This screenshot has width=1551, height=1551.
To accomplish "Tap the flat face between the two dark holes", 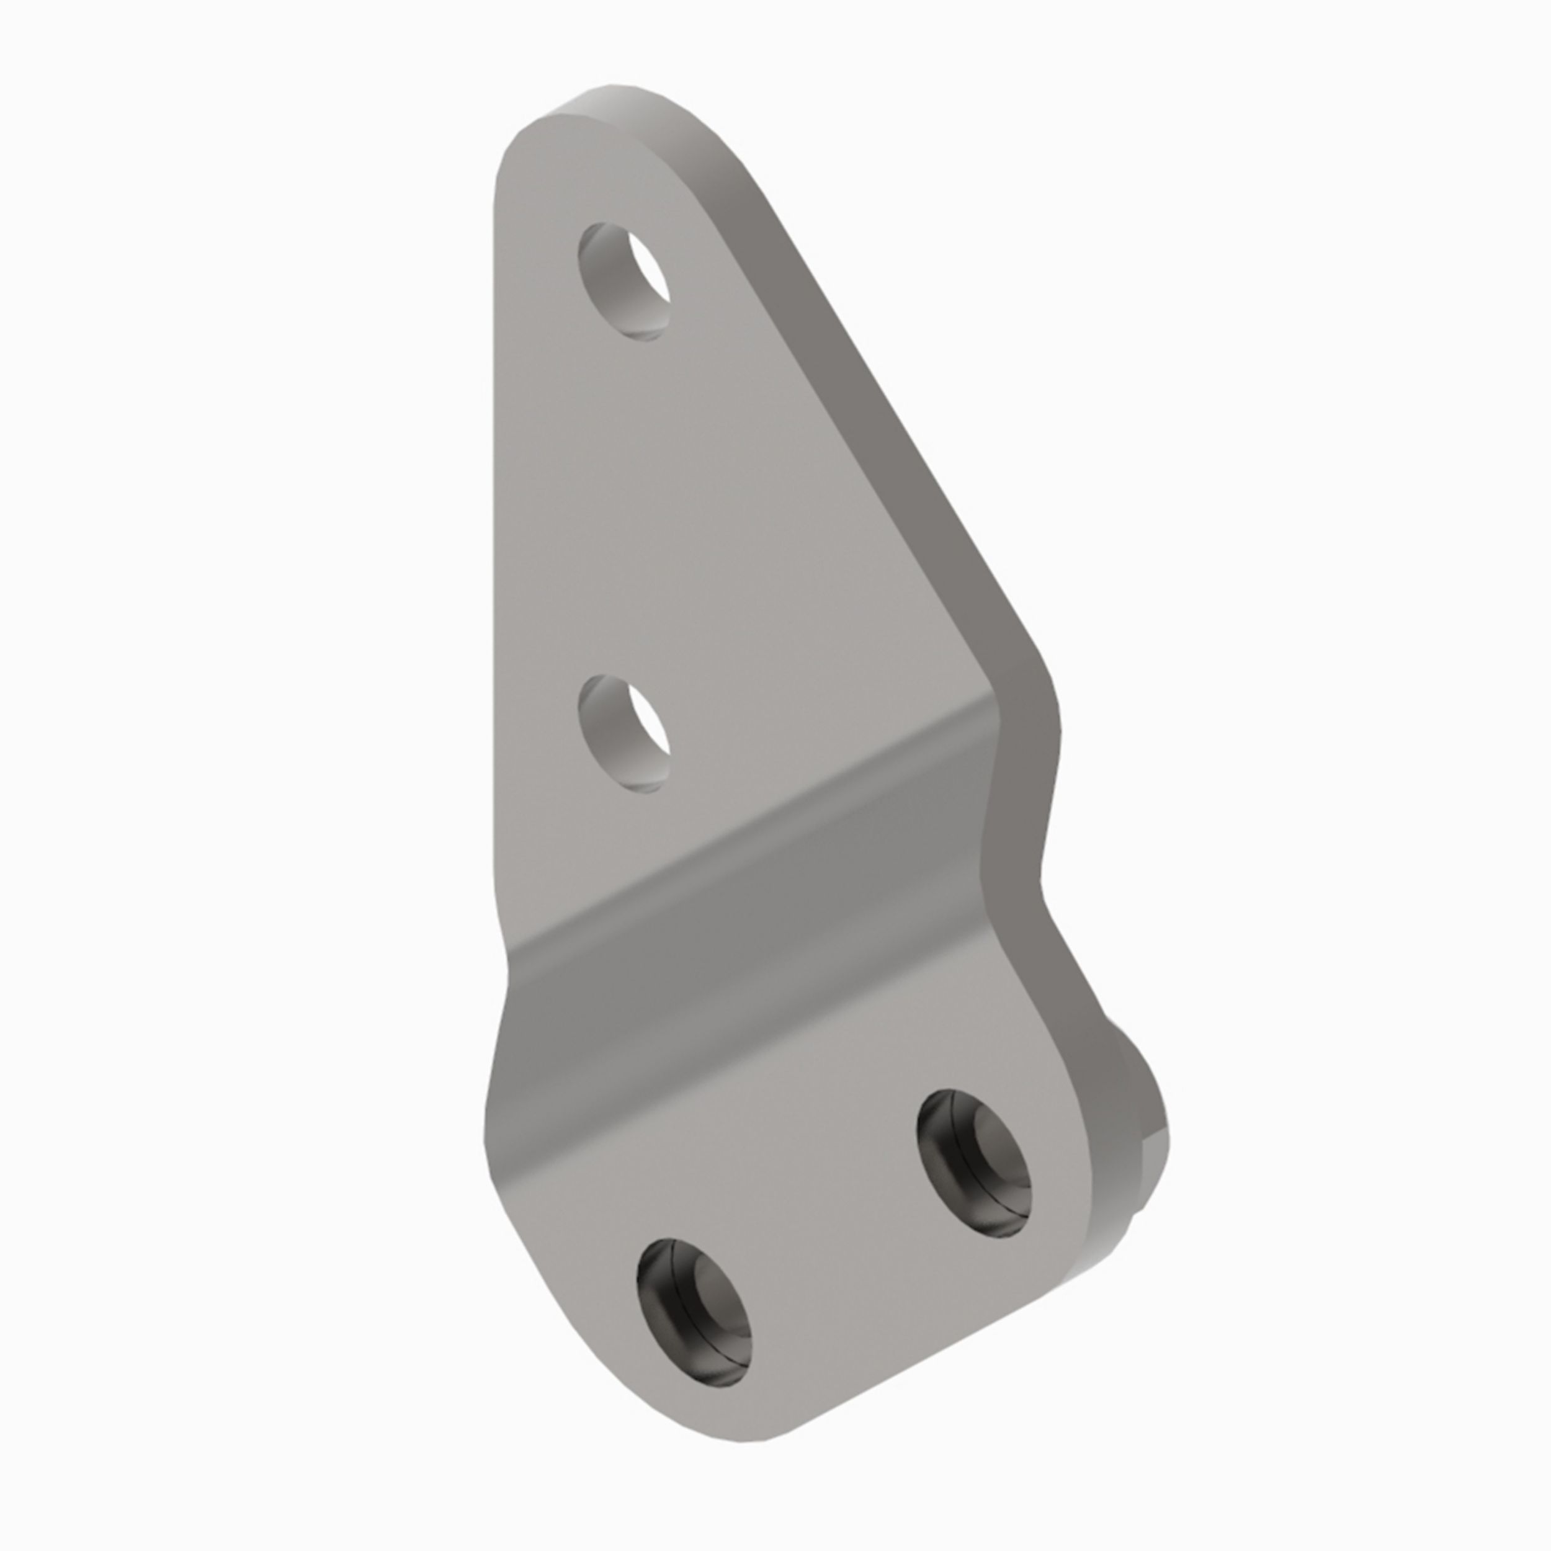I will tap(835, 1253).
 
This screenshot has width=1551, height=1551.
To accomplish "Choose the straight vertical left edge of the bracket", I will tap(494, 522).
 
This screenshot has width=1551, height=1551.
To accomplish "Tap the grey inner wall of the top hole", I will tap(602, 281).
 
